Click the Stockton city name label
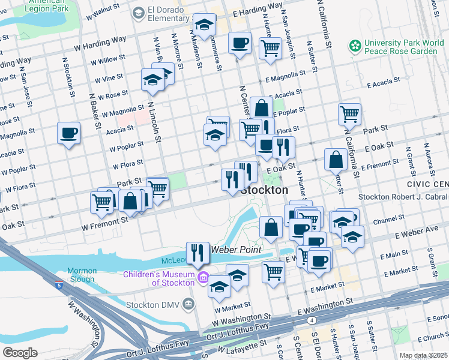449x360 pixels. (264, 190)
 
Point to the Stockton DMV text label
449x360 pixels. (153, 304)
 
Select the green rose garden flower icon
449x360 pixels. (355, 46)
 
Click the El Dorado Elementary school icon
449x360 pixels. (139, 12)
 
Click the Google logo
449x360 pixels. (20, 352)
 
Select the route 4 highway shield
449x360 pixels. (313, 320)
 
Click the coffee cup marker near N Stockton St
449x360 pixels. (68, 133)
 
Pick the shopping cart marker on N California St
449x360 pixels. (349, 113)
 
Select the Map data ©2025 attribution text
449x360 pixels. (423, 355)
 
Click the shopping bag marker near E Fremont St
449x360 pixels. (336, 159)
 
